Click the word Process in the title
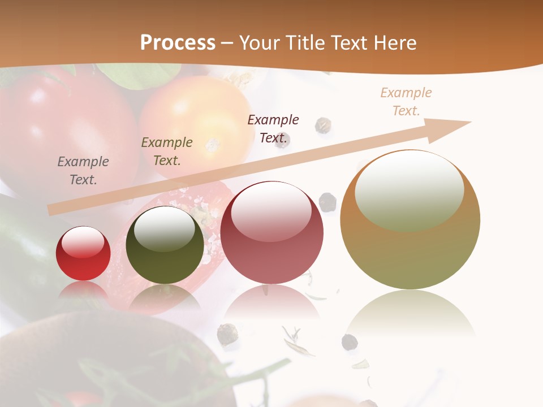(178, 43)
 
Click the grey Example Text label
(83, 171)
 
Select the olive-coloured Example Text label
(167, 151)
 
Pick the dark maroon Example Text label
(273, 129)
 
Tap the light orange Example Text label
(406, 102)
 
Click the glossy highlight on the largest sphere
(410, 189)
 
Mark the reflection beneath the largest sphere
(410, 314)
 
